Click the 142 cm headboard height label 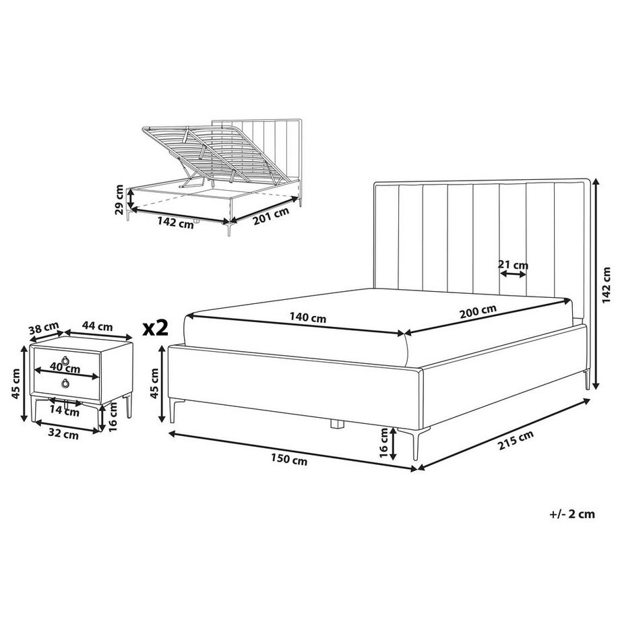tap(606, 285)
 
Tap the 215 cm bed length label tap(516, 439)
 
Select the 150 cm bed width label tap(289, 460)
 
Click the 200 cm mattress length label tap(478, 312)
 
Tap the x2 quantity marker tap(156, 328)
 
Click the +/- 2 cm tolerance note tap(571, 514)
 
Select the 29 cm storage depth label tap(119, 199)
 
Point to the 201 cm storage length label tap(271, 216)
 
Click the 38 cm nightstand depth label tap(44, 328)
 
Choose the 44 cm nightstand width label tap(97, 327)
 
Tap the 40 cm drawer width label tap(65, 368)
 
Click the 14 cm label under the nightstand tap(65, 411)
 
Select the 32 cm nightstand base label tap(63, 435)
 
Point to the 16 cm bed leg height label tap(383, 443)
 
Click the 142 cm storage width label tap(176, 222)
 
